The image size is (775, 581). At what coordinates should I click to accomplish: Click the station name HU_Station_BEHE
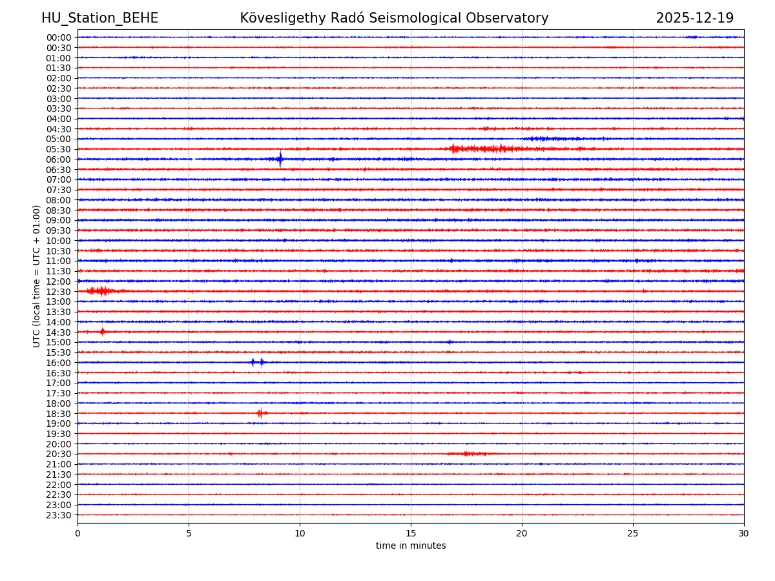point(99,19)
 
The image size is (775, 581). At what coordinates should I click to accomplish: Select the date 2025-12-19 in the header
point(694,19)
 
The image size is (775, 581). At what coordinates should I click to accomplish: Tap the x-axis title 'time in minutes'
point(411,546)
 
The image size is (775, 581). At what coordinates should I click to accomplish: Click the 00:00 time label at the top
point(59,37)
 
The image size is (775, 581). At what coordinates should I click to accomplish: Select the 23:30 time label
point(59,515)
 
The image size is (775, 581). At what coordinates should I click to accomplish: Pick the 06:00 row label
point(59,159)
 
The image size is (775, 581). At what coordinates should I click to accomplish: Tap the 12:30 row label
point(59,292)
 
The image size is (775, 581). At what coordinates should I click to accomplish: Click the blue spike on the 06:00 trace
point(280,159)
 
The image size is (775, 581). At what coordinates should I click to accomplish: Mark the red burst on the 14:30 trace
point(102,332)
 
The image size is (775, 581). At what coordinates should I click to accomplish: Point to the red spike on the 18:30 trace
point(260,413)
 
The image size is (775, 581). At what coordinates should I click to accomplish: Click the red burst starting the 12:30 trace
point(100,291)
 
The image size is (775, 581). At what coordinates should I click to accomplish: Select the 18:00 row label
point(59,403)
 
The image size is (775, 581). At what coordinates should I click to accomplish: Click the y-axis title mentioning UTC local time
point(37,276)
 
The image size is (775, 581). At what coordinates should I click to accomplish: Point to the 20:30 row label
point(59,454)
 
